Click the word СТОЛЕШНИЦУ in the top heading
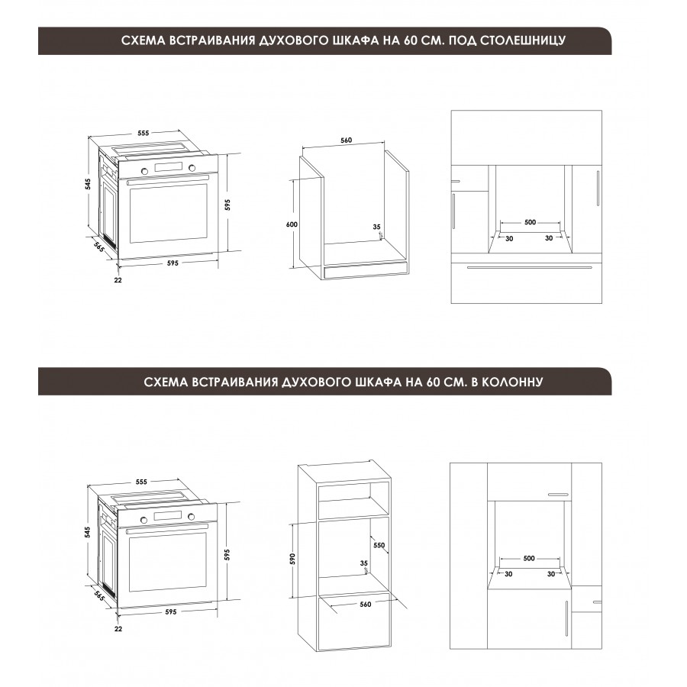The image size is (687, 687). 523,40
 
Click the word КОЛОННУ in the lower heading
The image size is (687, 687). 512,382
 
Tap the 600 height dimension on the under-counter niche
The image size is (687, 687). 292,224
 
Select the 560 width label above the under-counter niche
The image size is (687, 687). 346,140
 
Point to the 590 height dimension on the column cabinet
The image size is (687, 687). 292,559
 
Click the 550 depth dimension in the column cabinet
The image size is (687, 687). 379,545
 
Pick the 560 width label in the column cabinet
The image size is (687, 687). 366,605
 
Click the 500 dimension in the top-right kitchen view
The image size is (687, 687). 531,222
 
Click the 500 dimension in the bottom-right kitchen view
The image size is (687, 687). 529,558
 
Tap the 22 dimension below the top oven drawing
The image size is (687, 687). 118,280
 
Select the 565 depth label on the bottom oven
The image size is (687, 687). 99,596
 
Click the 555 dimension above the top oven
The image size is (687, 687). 144,133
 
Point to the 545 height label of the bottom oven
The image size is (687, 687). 88,532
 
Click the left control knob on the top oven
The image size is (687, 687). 144,170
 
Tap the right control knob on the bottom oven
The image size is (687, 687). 191,517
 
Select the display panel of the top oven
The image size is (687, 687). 168,167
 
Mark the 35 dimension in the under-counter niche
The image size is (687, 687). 377,227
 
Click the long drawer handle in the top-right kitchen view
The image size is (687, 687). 529,267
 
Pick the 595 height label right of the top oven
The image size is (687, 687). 227,205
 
